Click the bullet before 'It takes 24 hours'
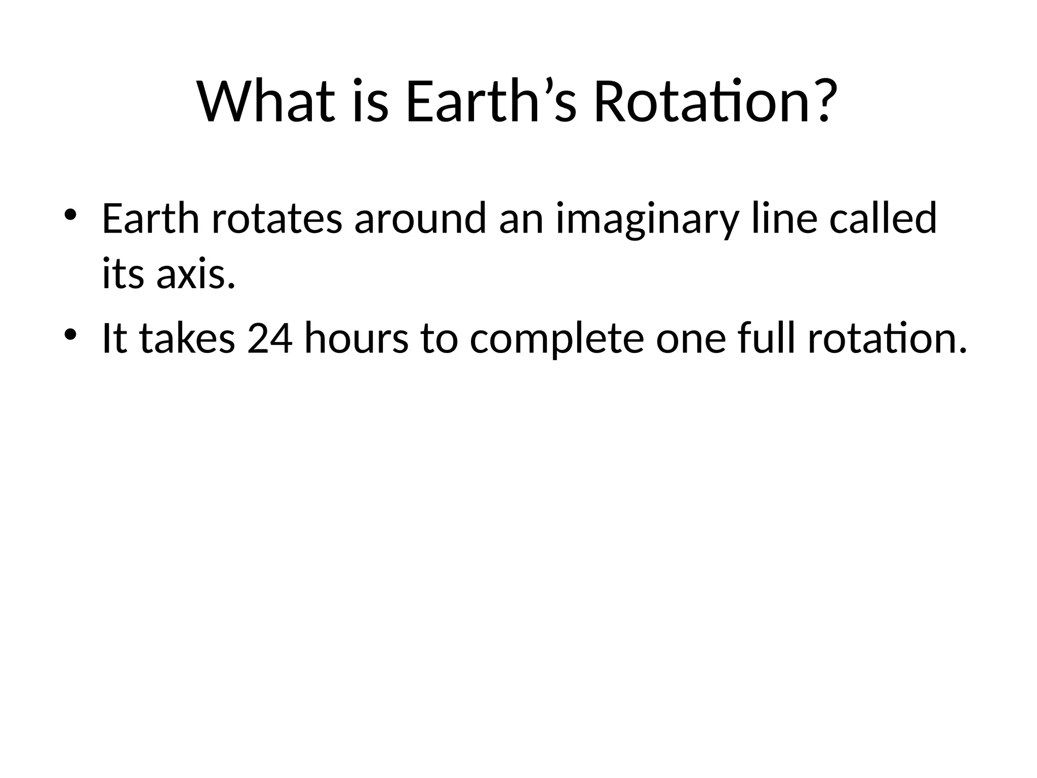(x=70, y=335)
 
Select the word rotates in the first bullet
(x=276, y=219)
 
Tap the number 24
(x=270, y=338)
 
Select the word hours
(x=356, y=338)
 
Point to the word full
(x=766, y=338)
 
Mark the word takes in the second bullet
(x=187, y=338)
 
